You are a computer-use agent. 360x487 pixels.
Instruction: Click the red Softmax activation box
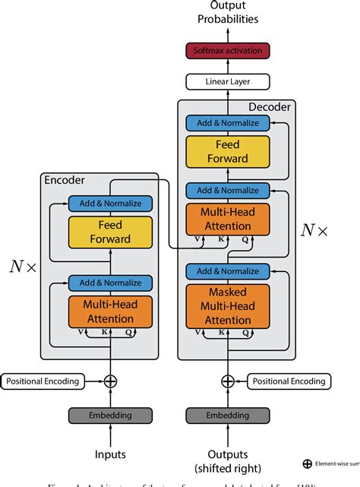click(x=228, y=51)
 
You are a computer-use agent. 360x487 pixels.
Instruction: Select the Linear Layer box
click(x=228, y=81)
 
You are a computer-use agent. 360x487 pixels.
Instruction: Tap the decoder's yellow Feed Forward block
click(x=228, y=152)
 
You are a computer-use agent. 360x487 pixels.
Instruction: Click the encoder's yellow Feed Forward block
click(x=111, y=232)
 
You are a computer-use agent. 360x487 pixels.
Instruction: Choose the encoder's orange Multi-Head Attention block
click(x=111, y=311)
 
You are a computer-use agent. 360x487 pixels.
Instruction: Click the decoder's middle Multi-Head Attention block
click(x=228, y=220)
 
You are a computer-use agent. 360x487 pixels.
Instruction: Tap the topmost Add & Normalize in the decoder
click(x=228, y=123)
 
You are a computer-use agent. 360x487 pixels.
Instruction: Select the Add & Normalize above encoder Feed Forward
click(x=111, y=204)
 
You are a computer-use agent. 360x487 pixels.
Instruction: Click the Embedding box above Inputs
click(x=111, y=415)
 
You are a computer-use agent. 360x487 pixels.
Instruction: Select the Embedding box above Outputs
click(x=228, y=415)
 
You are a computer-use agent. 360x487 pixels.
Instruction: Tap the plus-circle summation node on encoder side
click(x=111, y=381)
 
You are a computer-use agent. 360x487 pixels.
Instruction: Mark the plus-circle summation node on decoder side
click(x=228, y=381)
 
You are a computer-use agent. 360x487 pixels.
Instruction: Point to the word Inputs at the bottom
click(x=111, y=455)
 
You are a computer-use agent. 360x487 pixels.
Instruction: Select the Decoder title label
click(x=269, y=107)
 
